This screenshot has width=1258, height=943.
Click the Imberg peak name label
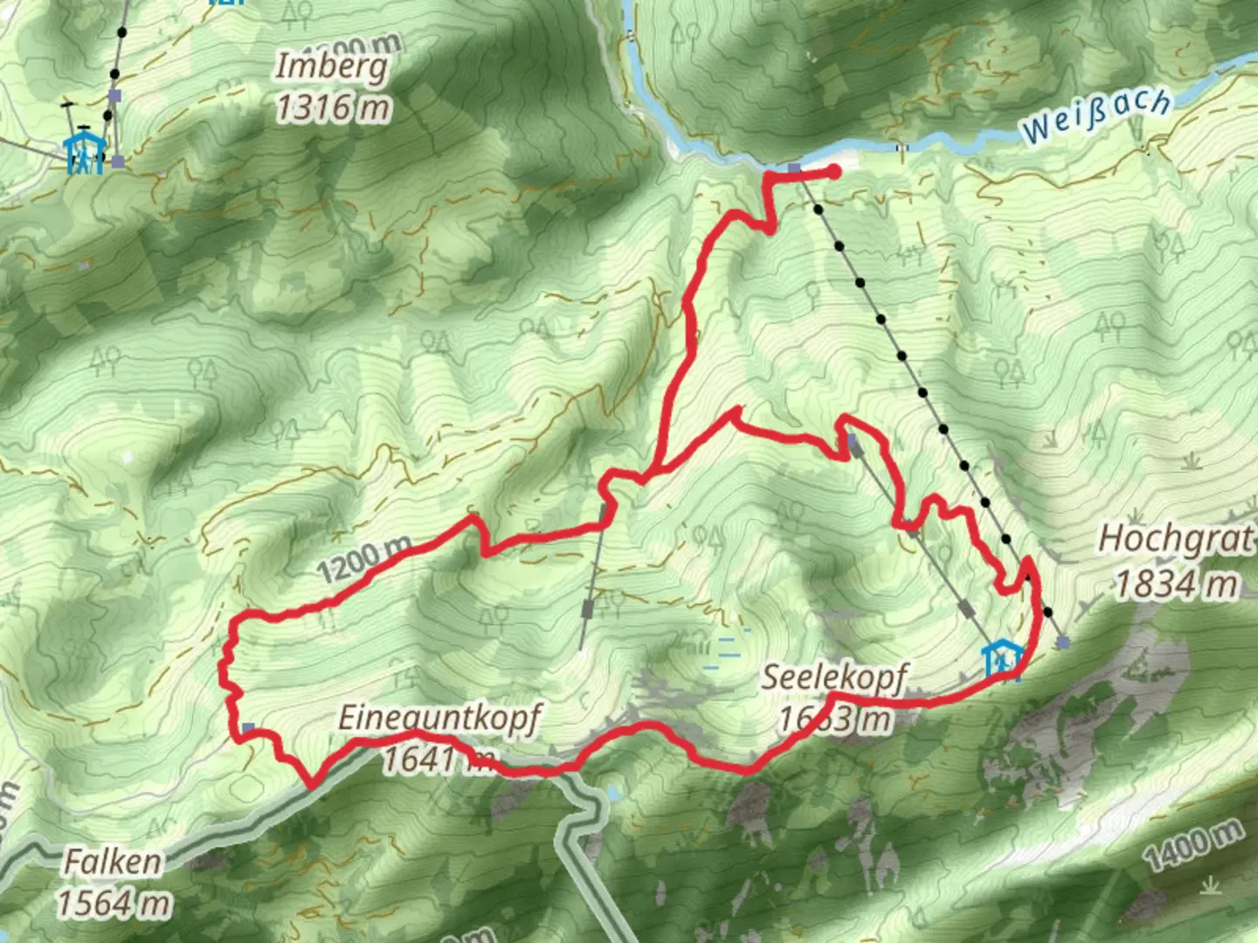click(x=331, y=65)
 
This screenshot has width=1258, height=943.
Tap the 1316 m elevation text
click(x=333, y=107)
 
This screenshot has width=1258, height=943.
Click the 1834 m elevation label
click(x=1176, y=582)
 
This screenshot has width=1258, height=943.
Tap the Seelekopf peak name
click(x=834, y=678)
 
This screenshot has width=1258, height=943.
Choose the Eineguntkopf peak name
click(x=439, y=718)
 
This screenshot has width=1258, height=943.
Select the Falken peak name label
click(x=113, y=862)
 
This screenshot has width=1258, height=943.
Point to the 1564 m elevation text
click(x=114, y=903)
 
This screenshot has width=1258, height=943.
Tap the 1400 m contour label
click(x=1193, y=845)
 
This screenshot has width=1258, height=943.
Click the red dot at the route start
click(x=834, y=172)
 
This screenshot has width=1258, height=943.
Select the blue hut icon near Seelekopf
click(x=1001, y=660)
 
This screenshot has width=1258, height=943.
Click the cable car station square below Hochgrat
click(x=1062, y=643)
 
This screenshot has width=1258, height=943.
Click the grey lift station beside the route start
click(x=793, y=168)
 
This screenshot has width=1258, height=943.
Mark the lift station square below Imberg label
click(x=114, y=96)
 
